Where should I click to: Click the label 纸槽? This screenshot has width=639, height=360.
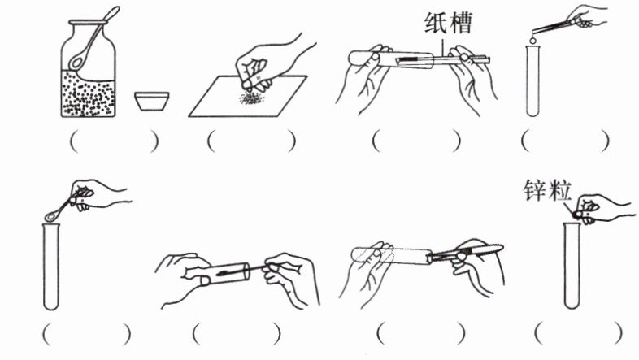pos(448,23)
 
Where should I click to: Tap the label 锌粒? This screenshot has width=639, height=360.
pos(547,190)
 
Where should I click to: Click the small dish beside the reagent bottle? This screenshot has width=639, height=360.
pos(151,101)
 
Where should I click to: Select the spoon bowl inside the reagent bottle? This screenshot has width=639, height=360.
pos(76,61)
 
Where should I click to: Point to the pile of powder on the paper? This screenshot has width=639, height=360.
pos(251,98)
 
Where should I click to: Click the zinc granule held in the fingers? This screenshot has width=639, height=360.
pos(577,215)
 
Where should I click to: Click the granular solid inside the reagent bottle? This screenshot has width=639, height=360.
pos(89,93)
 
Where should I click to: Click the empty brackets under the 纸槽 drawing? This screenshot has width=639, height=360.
pos(416,141)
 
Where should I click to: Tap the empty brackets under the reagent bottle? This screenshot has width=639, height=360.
pos(114,141)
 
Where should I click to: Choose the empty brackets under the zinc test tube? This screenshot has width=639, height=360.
pos(578,333)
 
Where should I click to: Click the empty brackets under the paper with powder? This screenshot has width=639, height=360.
pos(251,141)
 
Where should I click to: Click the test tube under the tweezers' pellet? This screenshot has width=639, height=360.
pos(532,81)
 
